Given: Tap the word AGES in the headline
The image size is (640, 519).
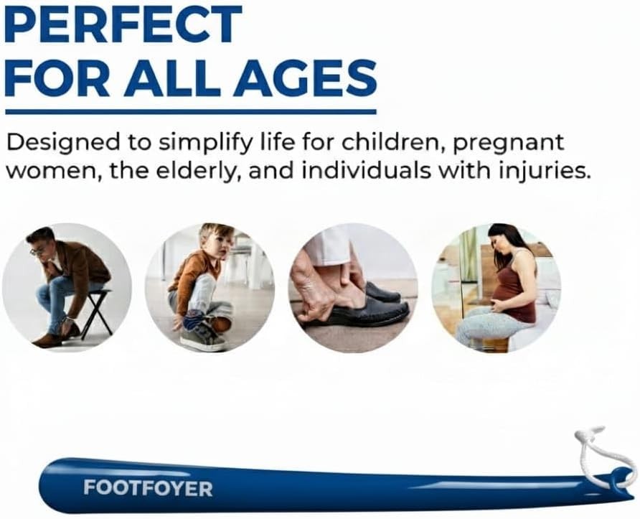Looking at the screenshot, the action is point(304,78).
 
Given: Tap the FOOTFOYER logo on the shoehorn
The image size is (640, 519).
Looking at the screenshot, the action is point(148,488).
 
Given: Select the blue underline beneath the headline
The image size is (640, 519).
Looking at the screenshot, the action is point(191,111).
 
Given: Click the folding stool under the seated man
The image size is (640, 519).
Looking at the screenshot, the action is point(96,314).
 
